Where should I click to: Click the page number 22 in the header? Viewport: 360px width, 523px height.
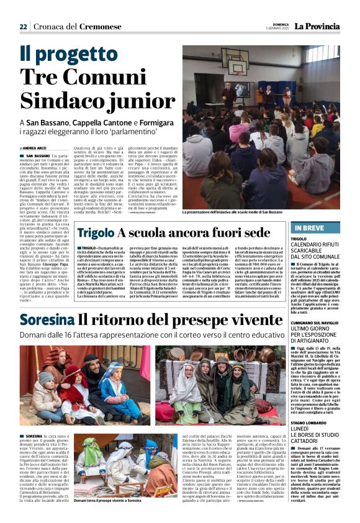pos(24,26)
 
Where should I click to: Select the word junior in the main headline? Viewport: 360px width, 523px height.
pos(140,102)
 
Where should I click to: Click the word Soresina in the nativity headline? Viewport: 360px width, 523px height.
pos(46,321)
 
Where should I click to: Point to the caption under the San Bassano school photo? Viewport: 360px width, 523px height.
pos(234,212)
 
